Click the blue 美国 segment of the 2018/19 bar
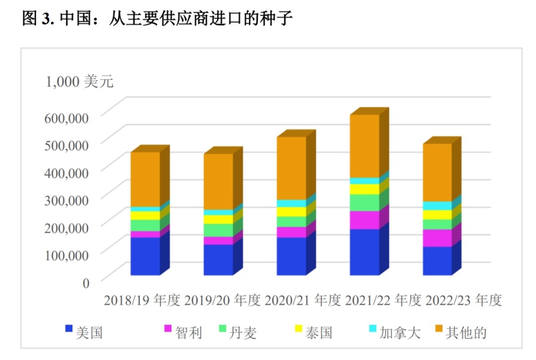145,256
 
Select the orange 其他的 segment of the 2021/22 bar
364,146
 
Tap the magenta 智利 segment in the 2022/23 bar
437,238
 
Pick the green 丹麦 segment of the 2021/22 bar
364,203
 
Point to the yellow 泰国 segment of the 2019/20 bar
218,219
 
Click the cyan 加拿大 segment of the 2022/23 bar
437,206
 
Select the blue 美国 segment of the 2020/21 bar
291,256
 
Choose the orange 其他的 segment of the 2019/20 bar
218,181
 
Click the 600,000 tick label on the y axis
66,118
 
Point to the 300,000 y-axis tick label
66,200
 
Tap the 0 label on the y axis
85,283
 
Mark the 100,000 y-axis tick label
66,255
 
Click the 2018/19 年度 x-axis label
142,300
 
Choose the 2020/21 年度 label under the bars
303,300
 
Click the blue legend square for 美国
68,328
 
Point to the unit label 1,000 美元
79,81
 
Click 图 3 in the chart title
37,19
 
